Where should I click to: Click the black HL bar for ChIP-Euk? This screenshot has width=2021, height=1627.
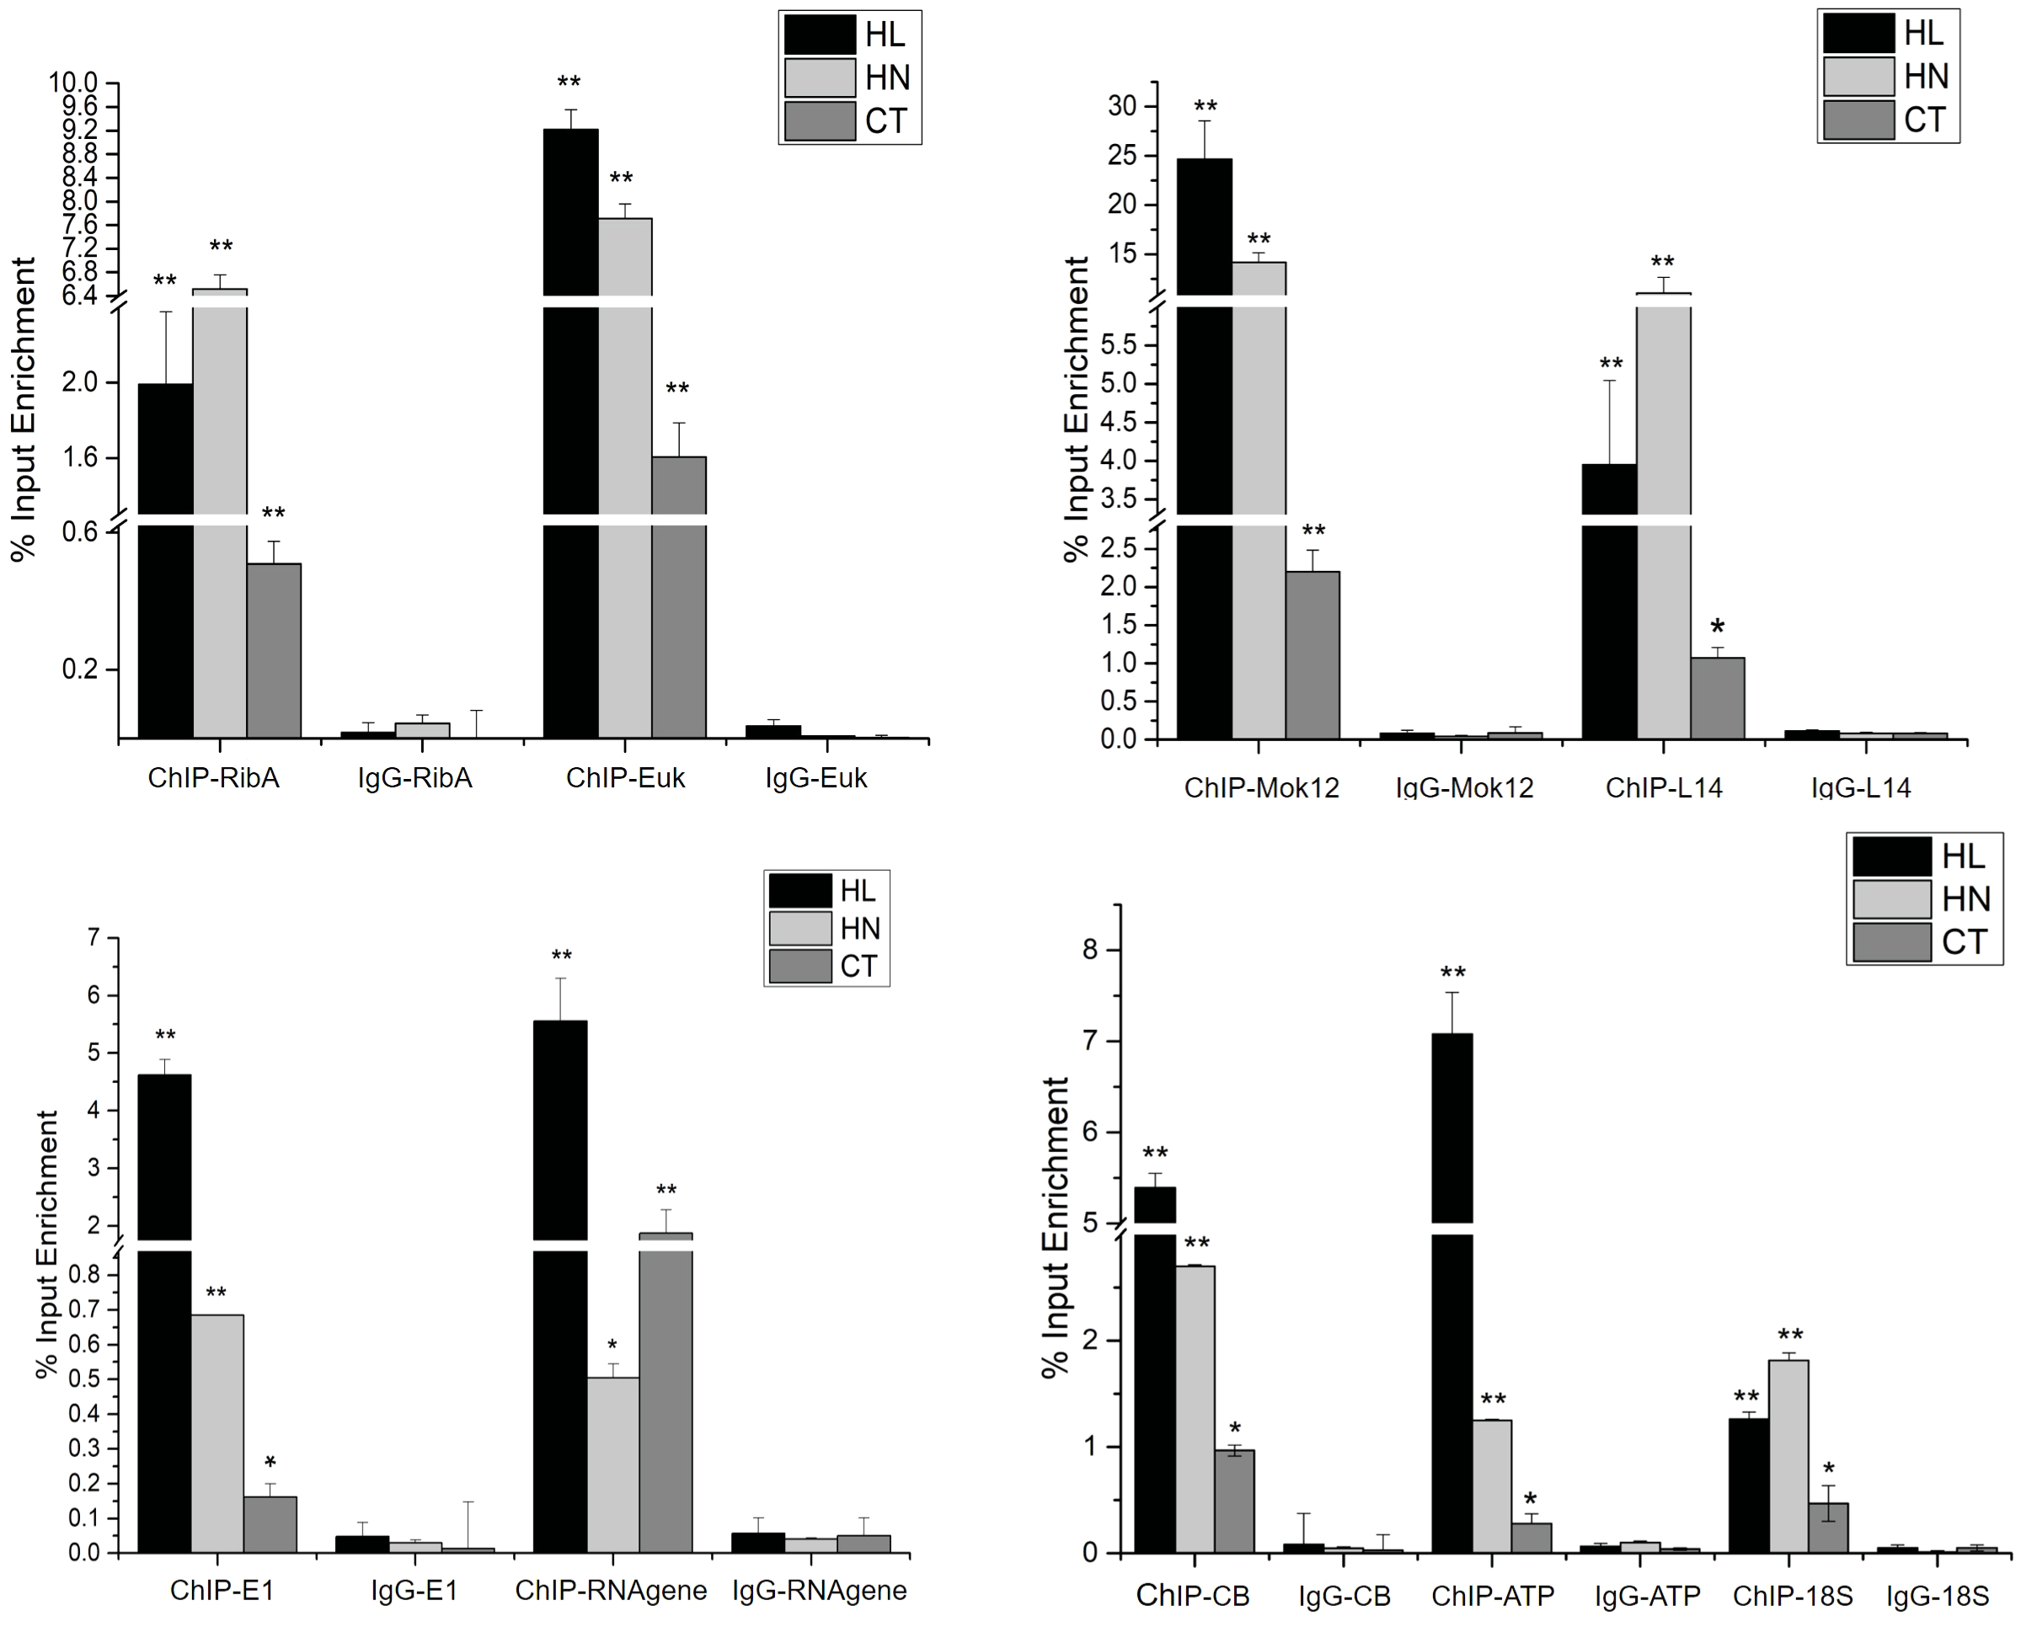(571, 431)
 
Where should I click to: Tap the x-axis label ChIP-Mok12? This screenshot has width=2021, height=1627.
(1262, 787)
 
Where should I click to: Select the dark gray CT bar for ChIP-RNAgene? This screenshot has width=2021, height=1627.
(666, 1396)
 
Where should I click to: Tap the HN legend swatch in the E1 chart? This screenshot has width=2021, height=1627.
(799, 928)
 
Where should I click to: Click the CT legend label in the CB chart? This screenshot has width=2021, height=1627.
(1965, 942)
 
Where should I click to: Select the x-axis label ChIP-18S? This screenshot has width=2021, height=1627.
(1792, 1596)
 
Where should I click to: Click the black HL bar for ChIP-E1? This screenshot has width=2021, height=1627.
(164, 1312)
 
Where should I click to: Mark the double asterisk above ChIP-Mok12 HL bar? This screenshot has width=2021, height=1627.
(1206, 107)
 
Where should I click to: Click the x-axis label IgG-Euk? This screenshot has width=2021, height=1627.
(815, 778)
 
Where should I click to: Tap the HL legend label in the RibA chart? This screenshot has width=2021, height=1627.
(885, 35)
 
